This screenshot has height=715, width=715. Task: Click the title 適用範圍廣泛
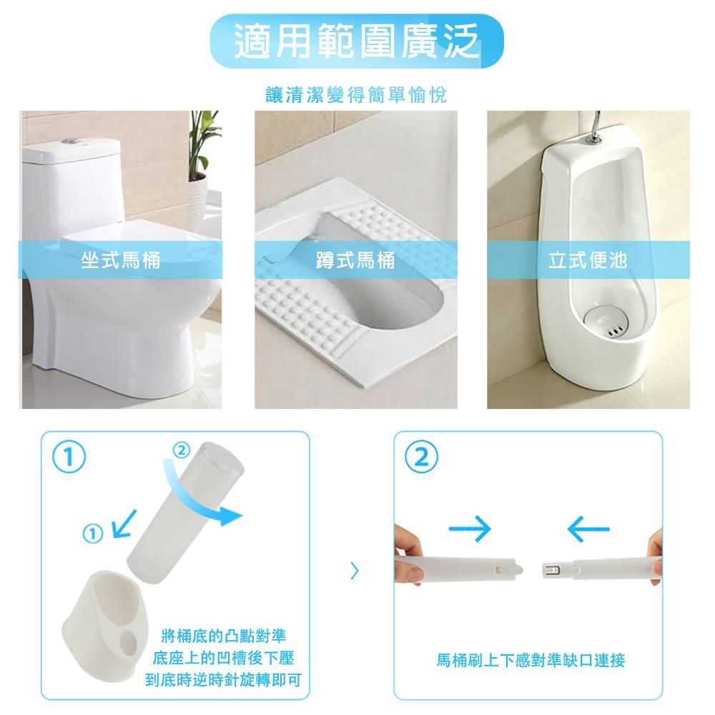pos(357,41)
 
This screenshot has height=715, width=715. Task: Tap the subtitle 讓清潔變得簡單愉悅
pos(356,95)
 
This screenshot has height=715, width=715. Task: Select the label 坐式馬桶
pos(121,260)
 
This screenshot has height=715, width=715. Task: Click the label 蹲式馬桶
pos(355,260)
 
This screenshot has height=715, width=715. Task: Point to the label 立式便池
pos(588,260)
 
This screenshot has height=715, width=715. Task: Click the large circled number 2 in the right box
pos(421,456)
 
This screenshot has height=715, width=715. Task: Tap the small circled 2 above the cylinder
pos(182,450)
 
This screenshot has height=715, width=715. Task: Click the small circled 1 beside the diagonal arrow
pos(93,533)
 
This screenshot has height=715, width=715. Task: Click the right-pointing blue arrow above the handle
pos(470,529)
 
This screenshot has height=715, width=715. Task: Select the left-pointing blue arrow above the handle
pos(588,529)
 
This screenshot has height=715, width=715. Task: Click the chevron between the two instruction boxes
pos(355,571)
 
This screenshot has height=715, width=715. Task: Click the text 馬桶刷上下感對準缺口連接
pos(531,660)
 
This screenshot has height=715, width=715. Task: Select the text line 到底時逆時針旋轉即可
pos(223,680)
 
